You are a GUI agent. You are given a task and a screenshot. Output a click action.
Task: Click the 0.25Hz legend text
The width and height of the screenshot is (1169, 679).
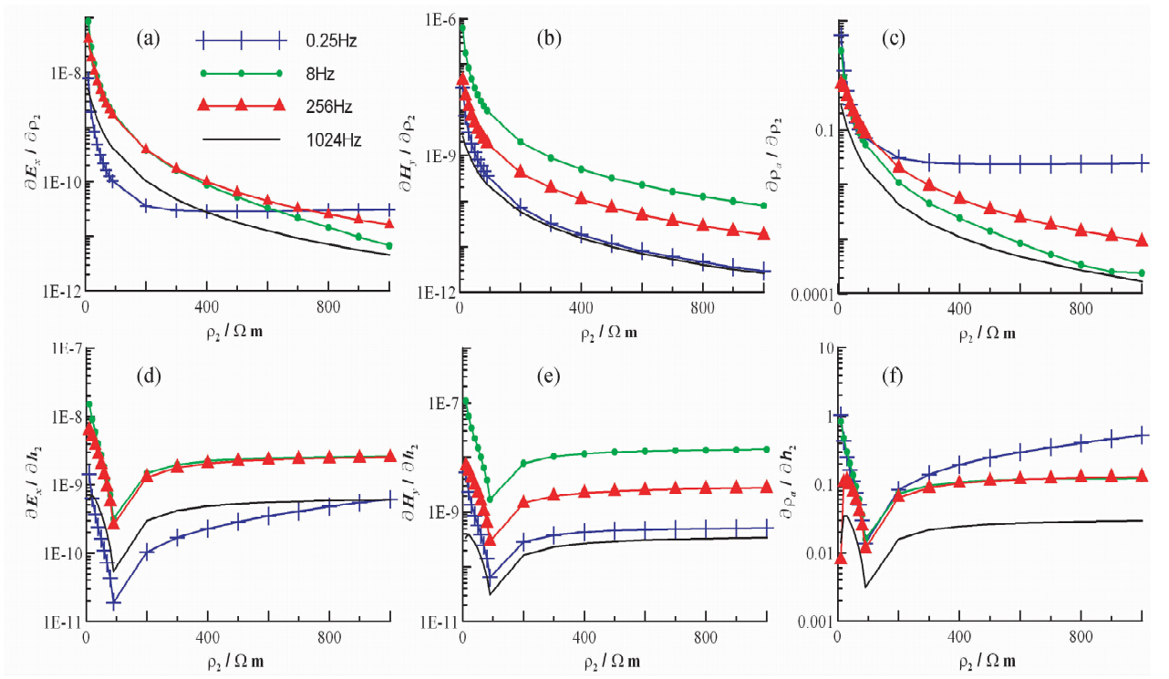click(331, 40)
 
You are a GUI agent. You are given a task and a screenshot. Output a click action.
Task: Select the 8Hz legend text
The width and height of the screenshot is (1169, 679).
click(320, 73)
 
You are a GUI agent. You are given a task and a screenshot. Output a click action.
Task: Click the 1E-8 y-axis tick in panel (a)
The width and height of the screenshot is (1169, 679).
click(57, 72)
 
